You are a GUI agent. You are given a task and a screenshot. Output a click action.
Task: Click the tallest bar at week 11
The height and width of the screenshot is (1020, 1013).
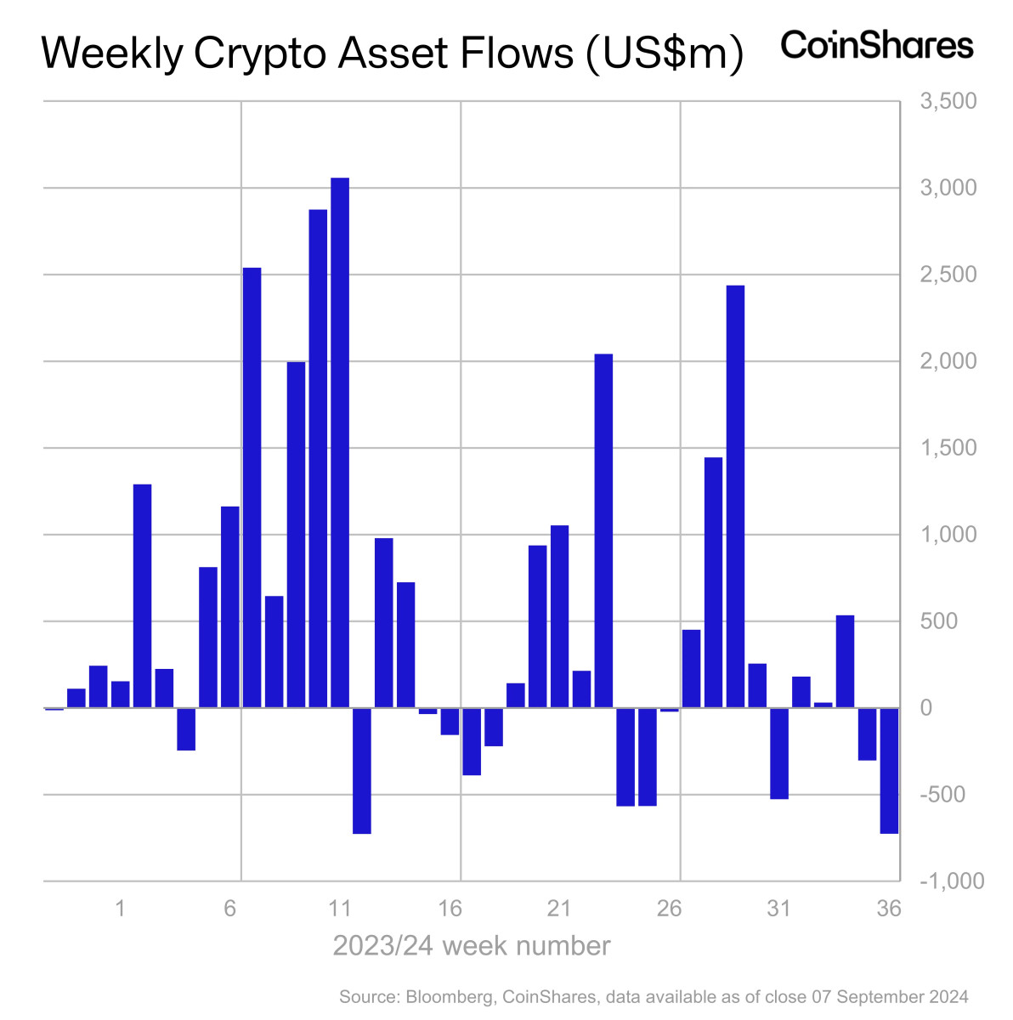tap(340, 442)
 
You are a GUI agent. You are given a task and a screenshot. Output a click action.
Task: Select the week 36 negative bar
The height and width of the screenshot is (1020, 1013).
tap(889, 770)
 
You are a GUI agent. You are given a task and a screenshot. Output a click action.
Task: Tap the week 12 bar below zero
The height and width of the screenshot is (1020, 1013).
tap(361, 770)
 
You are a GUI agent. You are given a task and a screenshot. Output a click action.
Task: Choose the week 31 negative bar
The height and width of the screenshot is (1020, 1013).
tap(779, 753)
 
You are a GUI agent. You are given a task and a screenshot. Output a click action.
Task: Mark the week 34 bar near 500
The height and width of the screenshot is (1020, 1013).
tap(845, 661)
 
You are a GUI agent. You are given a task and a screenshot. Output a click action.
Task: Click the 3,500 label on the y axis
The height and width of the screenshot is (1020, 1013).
tap(948, 102)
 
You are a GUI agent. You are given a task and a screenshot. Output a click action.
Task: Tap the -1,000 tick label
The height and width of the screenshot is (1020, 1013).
tap(952, 881)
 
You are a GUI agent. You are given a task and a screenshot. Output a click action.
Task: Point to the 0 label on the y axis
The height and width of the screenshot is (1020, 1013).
tap(926, 708)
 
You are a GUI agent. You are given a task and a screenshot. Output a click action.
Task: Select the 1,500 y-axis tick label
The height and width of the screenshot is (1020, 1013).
tap(948, 448)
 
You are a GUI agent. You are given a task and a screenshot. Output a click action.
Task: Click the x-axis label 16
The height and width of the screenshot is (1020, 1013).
tap(450, 909)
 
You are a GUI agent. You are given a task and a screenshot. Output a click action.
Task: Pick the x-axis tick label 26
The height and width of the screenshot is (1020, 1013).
tap(669, 909)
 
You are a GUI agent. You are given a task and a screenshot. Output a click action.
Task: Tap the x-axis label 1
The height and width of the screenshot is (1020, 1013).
tap(121, 909)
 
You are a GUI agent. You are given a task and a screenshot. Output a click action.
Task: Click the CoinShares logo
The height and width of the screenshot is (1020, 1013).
tap(876, 45)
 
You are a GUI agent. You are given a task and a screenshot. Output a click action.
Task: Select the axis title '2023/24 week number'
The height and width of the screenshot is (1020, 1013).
tap(471, 946)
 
